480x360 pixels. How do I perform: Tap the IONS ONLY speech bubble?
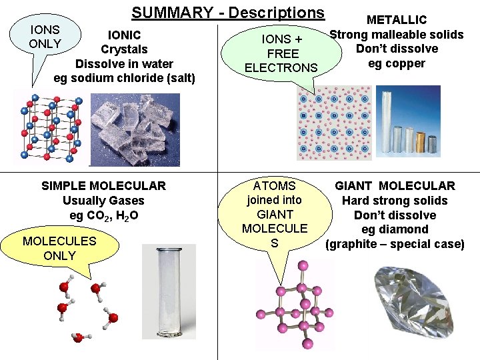pos(45,37)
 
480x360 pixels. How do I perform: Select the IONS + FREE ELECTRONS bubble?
pos(281,53)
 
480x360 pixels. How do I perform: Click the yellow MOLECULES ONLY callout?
pos(59,249)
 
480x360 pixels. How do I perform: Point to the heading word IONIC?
pos(124,35)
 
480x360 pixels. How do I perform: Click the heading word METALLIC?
pos(397,21)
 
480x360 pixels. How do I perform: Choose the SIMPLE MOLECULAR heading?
pos(103,186)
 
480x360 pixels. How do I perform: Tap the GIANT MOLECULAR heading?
pos(395,186)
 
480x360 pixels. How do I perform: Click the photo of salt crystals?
pos(134,129)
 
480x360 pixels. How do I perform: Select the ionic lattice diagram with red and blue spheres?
pos(51,127)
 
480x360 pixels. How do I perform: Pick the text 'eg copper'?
pos(396,63)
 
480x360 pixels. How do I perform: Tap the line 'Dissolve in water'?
pos(124,64)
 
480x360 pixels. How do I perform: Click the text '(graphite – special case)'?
pos(395,244)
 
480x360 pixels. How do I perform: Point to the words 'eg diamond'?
pos(395,229)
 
